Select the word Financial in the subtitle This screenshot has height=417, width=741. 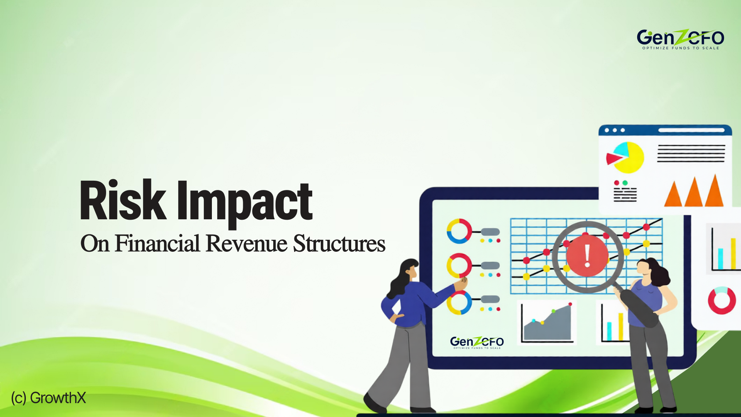[157, 243]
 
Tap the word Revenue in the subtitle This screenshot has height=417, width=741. [247, 244]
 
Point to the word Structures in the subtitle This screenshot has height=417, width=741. [339, 244]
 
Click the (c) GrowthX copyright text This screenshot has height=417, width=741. [48, 398]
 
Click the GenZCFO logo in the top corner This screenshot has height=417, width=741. [680, 39]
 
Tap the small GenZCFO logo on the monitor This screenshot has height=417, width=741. [477, 342]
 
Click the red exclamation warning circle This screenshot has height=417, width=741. [587, 256]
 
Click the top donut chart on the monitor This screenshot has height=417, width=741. [459, 231]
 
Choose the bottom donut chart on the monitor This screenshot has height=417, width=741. [459, 302]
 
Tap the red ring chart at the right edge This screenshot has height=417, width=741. [722, 300]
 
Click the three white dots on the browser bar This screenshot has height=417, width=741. [615, 130]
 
